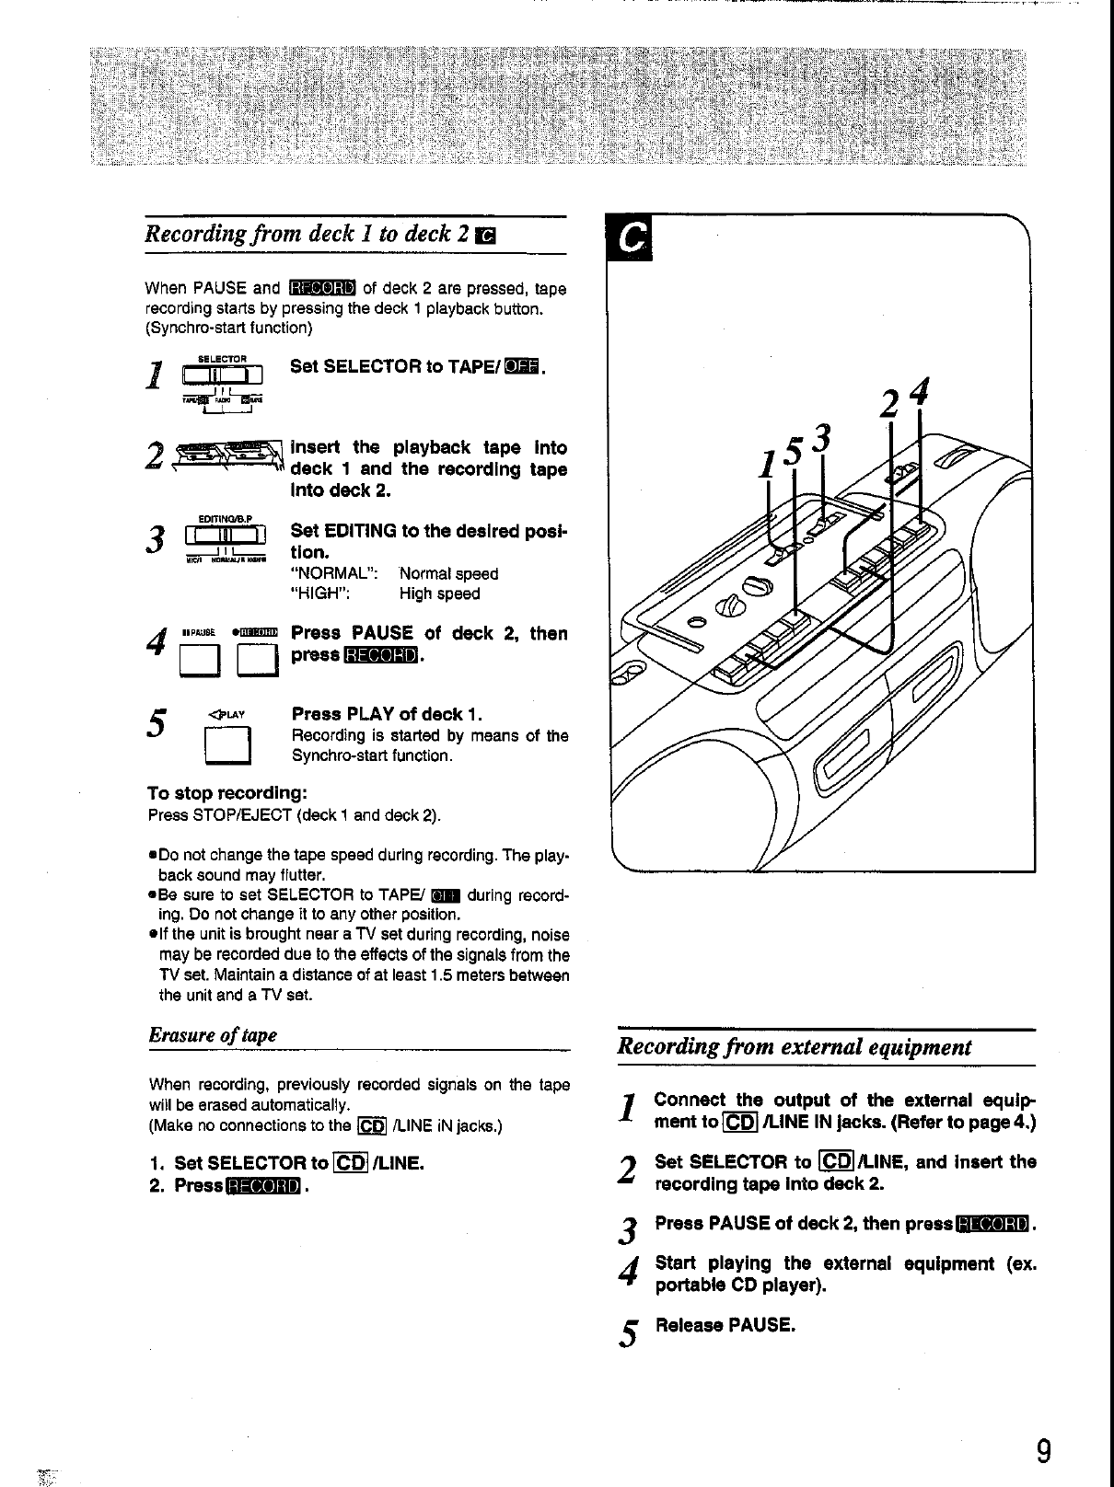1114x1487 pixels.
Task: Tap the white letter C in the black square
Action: pyautogui.click(x=631, y=238)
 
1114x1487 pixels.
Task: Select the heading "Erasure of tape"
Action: pyautogui.click(x=213, y=1034)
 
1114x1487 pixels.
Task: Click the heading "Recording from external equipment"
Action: pyautogui.click(x=795, y=1047)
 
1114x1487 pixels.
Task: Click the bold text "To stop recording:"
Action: pyautogui.click(x=226, y=793)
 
